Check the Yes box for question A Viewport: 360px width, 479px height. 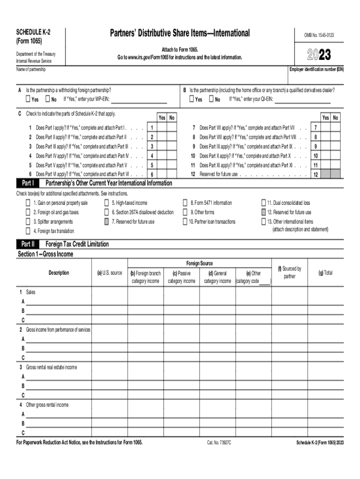pyautogui.click(x=28, y=99)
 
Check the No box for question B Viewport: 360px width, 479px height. pyautogui.click(x=211, y=99)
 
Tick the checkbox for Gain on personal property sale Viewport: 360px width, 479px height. pyautogui.click(x=28, y=203)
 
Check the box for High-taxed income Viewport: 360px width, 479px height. pyautogui.click(x=107, y=203)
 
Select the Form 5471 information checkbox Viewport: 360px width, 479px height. pyautogui.click(x=185, y=203)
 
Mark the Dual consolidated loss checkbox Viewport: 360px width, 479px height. pyautogui.click(x=263, y=203)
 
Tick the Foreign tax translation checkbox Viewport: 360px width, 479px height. pyautogui.click(x=28, y=231)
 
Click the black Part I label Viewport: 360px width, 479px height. pyautogui.click(x=28, y=183)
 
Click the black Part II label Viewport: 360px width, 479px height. pyautogui.click(x=28, y=244)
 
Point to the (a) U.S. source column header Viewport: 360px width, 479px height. pyautogui.click(x=109, y=273)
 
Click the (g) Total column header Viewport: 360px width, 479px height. pyautogui.click(x=325, y=273)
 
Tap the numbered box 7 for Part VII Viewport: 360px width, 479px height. pyautogui.click(x=316, y=128)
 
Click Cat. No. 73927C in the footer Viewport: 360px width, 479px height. pyautogui.click(x=219, y=442)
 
